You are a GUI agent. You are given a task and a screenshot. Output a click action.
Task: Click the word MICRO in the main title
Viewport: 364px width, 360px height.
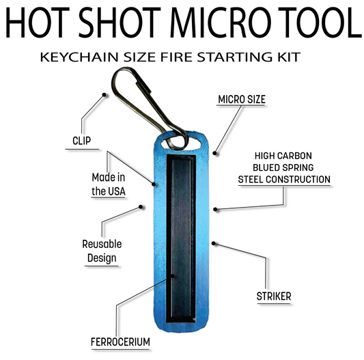pyautogui.click(x=220, y=23)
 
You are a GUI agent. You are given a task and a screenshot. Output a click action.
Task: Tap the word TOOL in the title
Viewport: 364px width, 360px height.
pyautogui.click(x=320, y=23)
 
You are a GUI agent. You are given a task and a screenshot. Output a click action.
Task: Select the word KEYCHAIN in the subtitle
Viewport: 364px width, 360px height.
pyautogui.click(x=79, y=57)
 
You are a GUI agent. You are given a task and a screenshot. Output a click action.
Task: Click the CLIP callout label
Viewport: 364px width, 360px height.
pyautogui.click(x=81, y=141)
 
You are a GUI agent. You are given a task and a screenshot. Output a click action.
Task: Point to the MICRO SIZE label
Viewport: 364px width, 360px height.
pyautogui.click(x=242, y=100)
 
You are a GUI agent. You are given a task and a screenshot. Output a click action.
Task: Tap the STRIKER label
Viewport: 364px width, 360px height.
pyautogui.click(x=274, y=296)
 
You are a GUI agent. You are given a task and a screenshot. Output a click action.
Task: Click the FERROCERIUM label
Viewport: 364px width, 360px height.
pyautogui.click(x=120, y=342)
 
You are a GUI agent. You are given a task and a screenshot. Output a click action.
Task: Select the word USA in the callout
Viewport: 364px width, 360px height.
pyautogui.click(x=116, y=191)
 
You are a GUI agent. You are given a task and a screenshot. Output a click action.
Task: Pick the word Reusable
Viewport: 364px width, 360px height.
pyautogui.click(x=102, y=244)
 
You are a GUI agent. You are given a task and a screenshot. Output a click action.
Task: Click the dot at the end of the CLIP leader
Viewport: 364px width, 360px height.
pyautogui.click(x=104, y=95)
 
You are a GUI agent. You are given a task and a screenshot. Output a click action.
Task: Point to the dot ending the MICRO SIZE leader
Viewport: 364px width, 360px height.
pyautogui.click(x=214, y=153)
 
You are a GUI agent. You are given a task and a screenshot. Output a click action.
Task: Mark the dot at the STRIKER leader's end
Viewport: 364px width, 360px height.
pyautogui.click(x=214, y=243)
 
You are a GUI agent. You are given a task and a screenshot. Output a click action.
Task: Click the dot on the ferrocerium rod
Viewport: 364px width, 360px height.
pyautogui.click(x=172, y=276)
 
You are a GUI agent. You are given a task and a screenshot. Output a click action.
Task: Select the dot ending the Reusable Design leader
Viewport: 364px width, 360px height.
pyautogui.click(x=141, y=207)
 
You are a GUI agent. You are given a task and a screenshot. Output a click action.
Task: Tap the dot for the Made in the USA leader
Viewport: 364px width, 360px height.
pyautogui.click(x=154, y=184)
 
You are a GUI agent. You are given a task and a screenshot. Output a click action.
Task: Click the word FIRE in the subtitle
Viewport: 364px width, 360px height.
pyautogui.click(x=176, y=57)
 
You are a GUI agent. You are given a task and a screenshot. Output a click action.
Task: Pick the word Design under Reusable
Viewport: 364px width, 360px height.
pyautogui.click(x=102, y=258)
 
